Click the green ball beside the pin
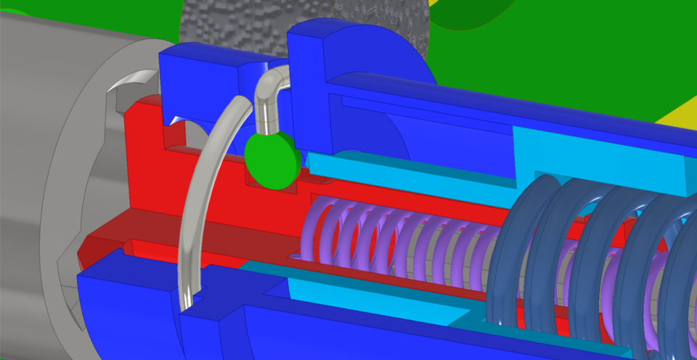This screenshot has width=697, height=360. coord(272,159)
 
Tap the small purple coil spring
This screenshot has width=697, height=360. coord(407,236)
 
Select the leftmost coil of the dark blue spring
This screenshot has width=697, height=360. coord(508,254)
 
